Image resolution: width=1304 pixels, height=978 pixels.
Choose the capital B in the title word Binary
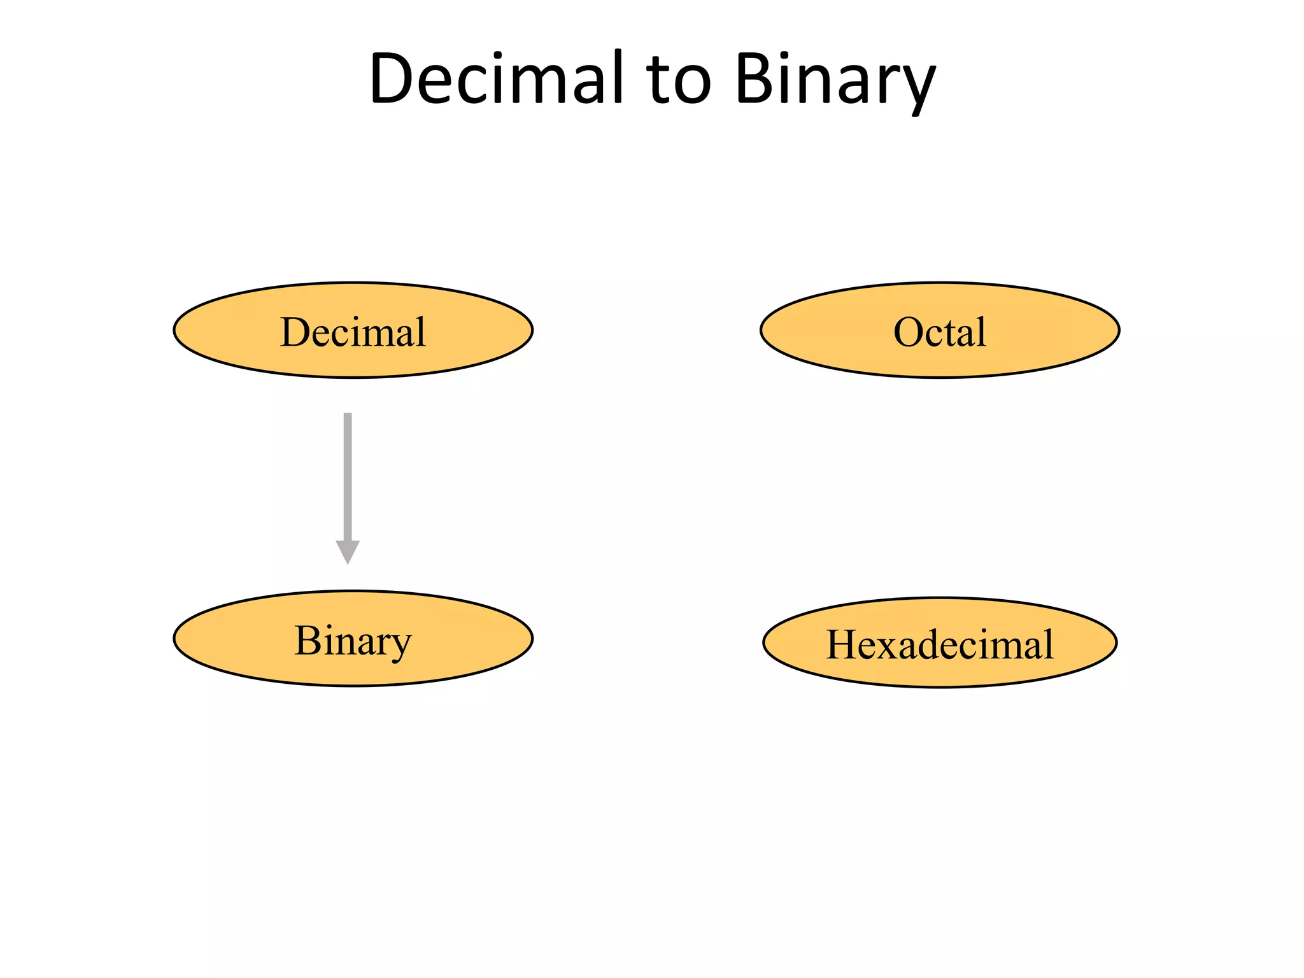pos(756,79)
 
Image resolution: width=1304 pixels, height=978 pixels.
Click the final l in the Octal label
pos(981,332)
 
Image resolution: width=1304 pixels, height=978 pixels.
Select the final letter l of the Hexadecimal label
pos(1048,644)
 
